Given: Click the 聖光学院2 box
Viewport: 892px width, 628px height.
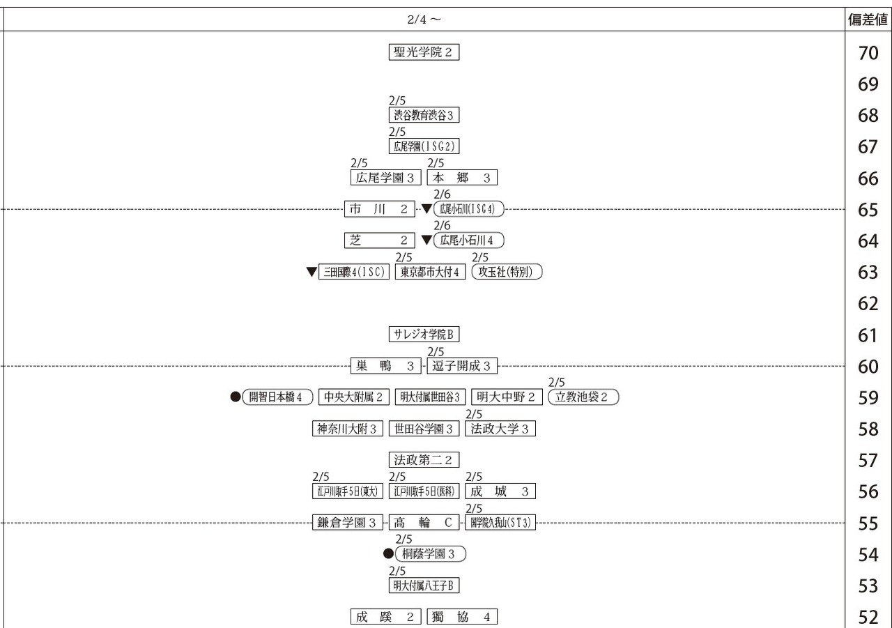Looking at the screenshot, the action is (424, 52).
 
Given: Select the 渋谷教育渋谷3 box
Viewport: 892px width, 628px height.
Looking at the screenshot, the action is (424, 115).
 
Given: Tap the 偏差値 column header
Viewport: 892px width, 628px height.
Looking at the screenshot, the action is (868, 20).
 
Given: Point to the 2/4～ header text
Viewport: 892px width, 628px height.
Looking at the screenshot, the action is (424, 20).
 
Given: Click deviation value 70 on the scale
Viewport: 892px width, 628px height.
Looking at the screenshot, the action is (868, 53).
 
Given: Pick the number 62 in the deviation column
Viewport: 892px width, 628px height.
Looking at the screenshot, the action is (868, 304).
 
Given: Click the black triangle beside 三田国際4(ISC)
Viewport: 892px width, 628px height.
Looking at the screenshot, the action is (312, 272).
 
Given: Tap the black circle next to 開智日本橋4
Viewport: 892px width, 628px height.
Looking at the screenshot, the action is (236, 397).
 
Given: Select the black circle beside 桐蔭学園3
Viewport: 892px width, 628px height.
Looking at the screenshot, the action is (388, 553).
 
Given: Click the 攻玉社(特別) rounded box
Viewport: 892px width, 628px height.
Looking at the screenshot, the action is (507, 272).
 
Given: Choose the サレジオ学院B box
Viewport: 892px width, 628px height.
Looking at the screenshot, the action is (424, 334).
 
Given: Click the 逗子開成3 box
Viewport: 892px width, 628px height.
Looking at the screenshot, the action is (462, 365).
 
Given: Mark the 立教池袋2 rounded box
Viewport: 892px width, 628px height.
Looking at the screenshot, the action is (583, 397).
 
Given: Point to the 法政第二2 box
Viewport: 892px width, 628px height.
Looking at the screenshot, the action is (424, 460).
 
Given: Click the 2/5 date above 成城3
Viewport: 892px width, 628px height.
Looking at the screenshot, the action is (473, 477).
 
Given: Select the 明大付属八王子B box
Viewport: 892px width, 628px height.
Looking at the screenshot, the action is (424, 585).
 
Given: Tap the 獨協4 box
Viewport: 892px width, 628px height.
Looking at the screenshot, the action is (462, 617).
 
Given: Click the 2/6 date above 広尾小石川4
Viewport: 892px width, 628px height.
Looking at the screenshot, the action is (442, 225).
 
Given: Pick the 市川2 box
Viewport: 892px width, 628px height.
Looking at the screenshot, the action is (380, 208).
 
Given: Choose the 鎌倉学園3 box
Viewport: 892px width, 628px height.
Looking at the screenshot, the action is (347, 523).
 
